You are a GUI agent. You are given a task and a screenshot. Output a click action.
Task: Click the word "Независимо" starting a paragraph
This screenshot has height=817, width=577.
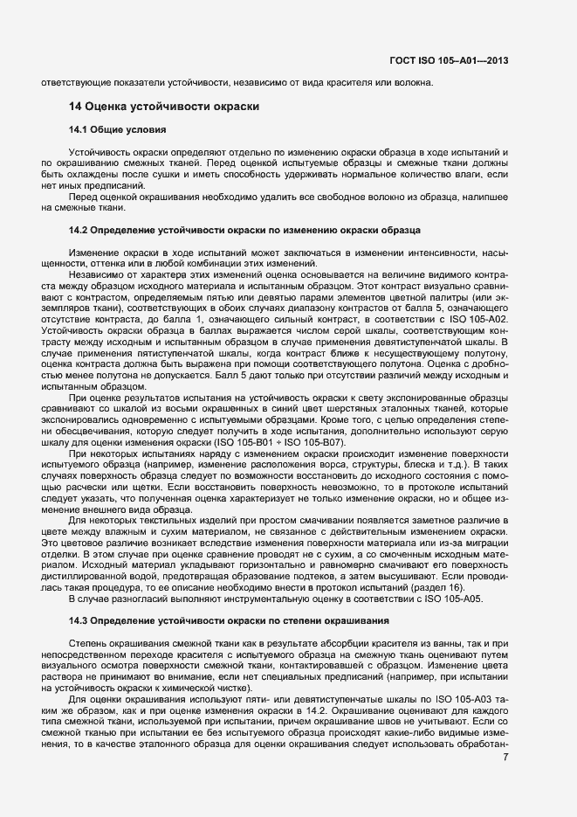(x=95, y=275)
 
